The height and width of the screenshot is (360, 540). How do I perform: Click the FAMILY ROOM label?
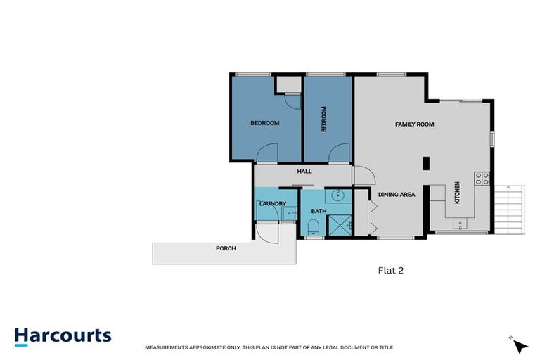point(414,124)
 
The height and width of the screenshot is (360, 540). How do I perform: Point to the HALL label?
point(304,171)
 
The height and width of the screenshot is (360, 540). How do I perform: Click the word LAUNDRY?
point(272,204)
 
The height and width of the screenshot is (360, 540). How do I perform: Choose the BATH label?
point(318,211)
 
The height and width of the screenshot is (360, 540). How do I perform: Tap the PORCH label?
point(226,249)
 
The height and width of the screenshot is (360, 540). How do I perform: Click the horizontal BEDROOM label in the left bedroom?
point(265,123)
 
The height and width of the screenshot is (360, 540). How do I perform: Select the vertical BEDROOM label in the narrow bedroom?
point(324,119)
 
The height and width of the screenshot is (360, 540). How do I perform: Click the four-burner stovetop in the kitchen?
point(482,179)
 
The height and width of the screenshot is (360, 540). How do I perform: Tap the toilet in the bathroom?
point(314,226)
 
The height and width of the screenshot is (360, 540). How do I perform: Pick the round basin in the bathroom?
point(336,195)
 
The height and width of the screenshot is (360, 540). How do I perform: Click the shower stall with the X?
point(340,226)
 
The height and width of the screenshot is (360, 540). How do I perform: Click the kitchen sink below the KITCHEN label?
point(461,224)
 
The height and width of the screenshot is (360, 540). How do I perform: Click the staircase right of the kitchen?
point(511,209)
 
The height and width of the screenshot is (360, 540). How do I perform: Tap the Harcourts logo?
point(63,335)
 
